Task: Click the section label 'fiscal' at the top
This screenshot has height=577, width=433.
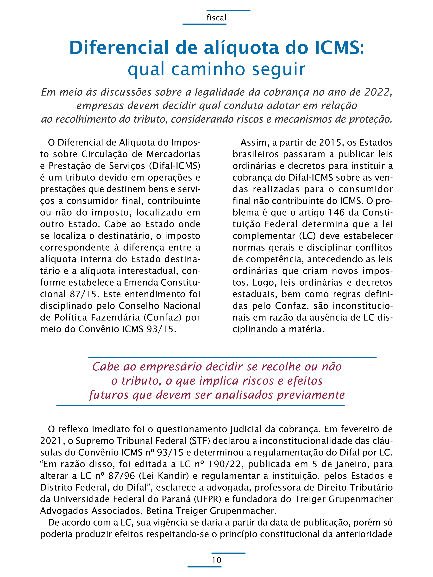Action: (216, 18)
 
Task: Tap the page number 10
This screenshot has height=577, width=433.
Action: (216, 560)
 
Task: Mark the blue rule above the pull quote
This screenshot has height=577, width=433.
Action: (232, 357)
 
